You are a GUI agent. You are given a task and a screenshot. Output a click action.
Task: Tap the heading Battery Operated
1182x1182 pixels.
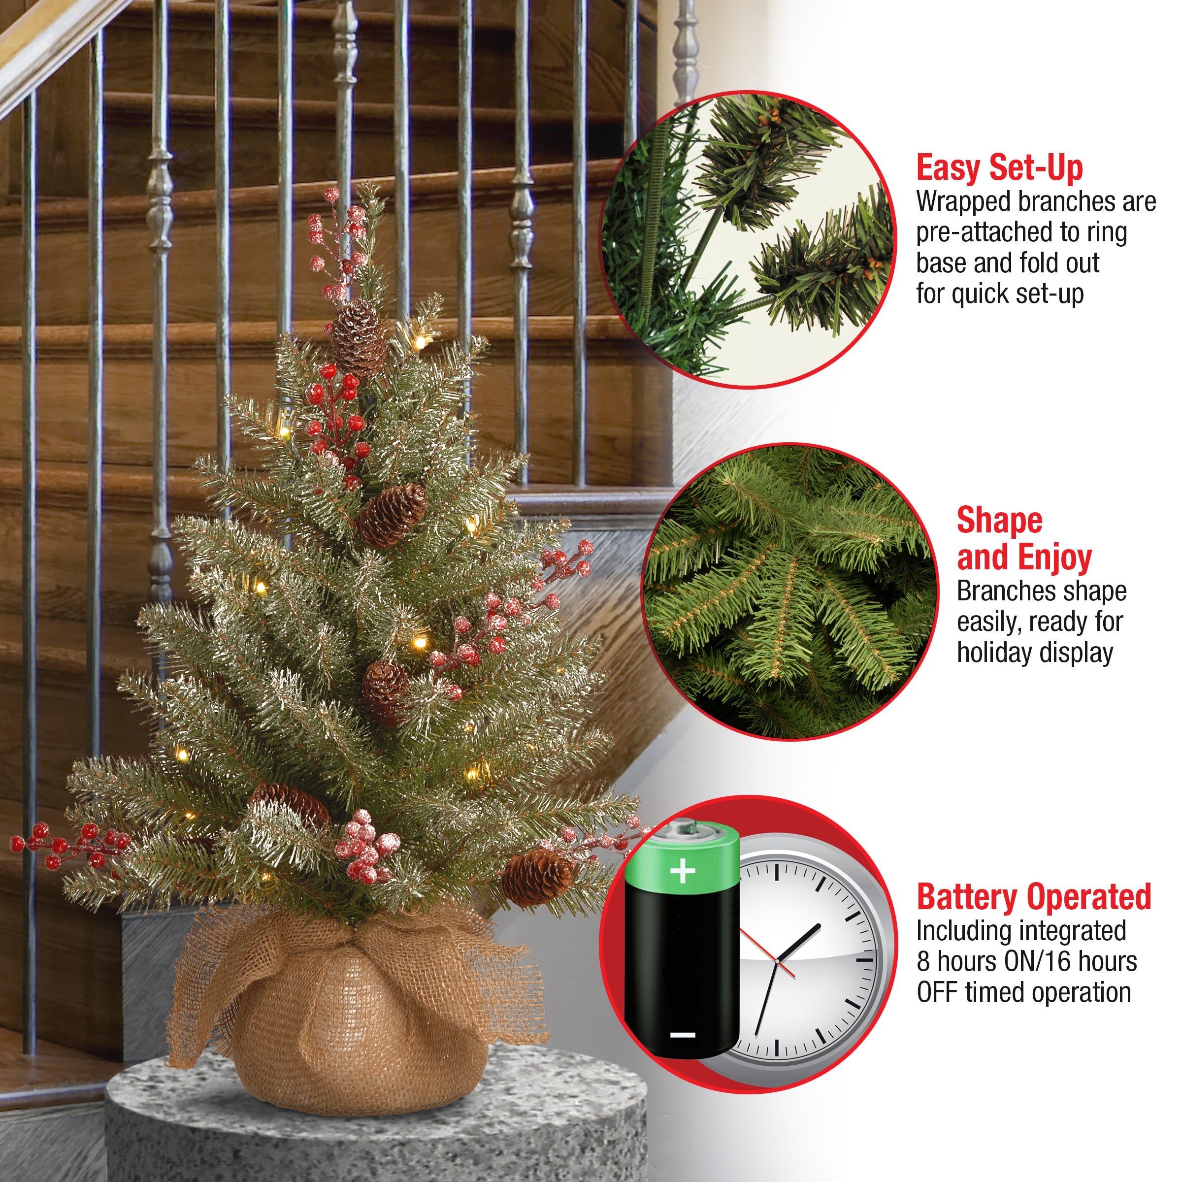[1034, 897]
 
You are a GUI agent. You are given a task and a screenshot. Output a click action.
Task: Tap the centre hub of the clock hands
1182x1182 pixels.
[776, 962]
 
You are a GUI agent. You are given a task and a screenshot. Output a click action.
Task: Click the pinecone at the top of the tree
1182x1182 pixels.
[359, 338]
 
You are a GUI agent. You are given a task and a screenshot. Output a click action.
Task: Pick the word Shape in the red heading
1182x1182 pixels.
[1000, 521]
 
